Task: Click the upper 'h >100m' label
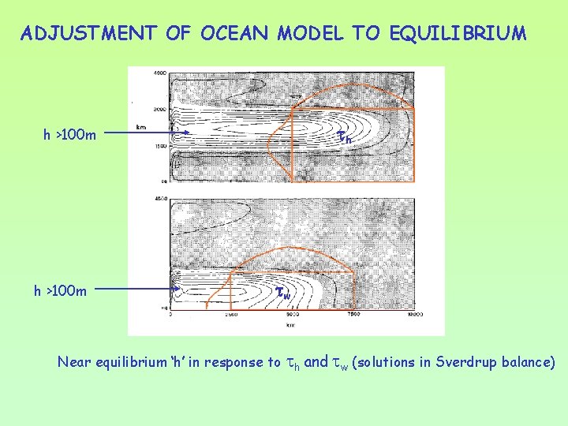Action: tap(69, 135)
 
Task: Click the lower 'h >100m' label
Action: tap(60, 290)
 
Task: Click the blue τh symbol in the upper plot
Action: tap(344, 136)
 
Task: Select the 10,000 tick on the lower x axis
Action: tap(415, 314)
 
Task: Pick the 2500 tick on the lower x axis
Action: tap(230, 314)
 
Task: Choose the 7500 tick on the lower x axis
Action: tap(353, 314)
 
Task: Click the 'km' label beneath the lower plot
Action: tap(292, 323)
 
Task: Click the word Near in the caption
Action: tap(73, 363)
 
